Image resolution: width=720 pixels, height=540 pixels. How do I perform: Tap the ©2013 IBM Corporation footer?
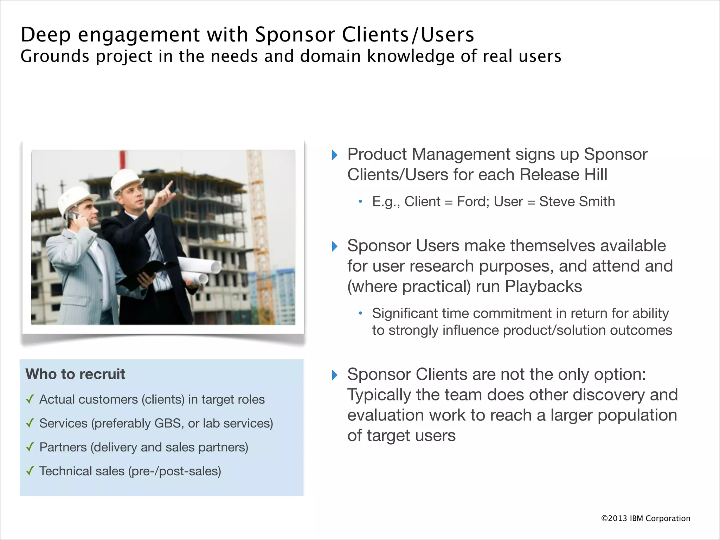[x=645, y=518]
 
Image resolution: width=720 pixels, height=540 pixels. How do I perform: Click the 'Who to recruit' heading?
[x=75, y=374]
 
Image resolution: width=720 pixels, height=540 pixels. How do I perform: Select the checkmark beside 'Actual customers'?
[x=30, y=399]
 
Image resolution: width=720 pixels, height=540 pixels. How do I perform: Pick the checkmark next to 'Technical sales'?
[x=30, y=471]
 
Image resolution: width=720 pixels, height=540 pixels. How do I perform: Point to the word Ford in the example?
[x=471, y=201]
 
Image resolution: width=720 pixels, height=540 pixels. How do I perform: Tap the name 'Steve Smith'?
[x=577, y=201]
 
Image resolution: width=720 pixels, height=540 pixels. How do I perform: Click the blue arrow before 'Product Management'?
[x=335, y=155]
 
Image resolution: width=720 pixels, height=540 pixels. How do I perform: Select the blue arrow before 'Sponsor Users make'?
[x=335, y=246]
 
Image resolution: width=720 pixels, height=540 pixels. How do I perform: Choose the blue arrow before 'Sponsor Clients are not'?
[x=335, y=375]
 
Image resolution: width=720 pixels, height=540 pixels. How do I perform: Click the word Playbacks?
[x=543, y=287]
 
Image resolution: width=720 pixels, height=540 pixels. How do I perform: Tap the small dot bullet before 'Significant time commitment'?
[x=360, y=313]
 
